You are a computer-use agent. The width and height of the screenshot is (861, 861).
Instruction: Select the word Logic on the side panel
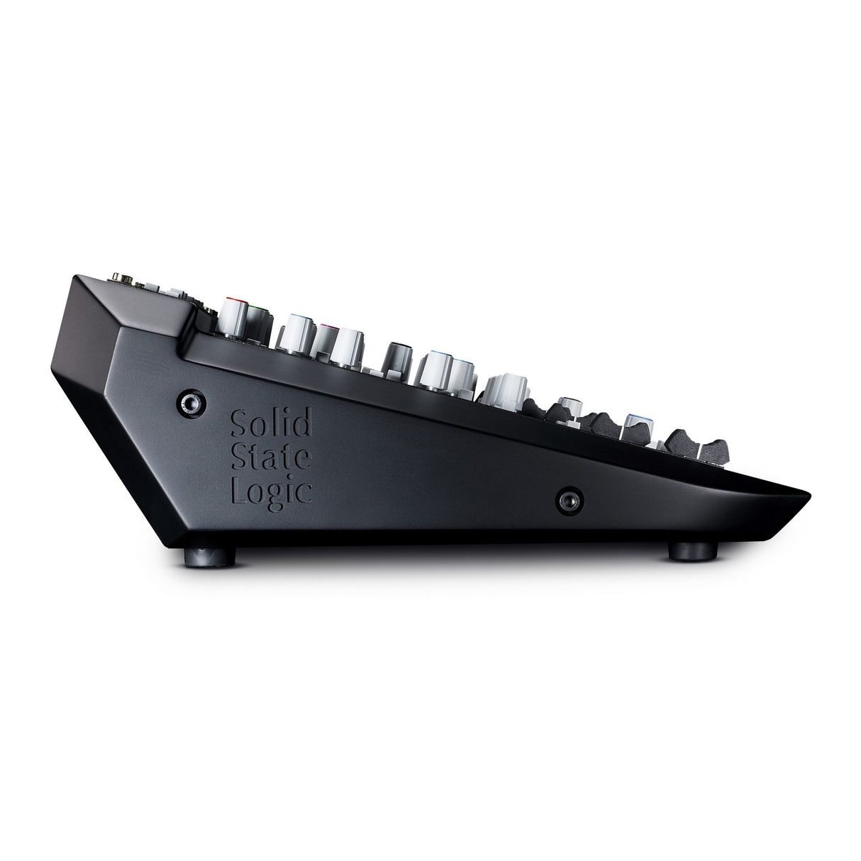[272, 491]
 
